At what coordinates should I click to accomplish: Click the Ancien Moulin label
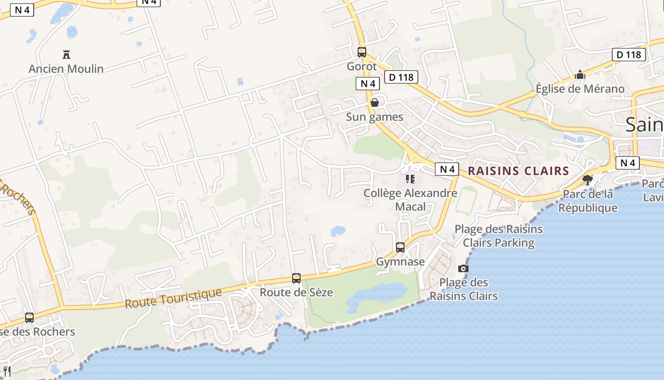66,69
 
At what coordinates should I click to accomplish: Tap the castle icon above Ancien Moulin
66,55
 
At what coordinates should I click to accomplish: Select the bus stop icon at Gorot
362,52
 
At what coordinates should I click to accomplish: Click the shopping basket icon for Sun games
375,103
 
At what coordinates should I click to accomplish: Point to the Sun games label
374,117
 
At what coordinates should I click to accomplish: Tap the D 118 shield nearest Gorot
401,77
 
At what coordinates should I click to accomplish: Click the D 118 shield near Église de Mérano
629,55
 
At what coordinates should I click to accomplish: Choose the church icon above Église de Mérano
580,75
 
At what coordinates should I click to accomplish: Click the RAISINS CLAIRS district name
518,171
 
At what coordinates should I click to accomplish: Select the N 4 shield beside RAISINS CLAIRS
447,169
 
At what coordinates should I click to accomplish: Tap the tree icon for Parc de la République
588,180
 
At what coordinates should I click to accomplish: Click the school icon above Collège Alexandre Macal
410,179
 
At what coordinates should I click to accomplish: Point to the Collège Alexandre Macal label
410,200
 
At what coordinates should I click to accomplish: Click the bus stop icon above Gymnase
400,247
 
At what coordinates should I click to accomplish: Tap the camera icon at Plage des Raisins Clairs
463,269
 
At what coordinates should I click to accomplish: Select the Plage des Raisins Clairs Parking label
498,236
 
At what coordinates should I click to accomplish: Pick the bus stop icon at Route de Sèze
296,278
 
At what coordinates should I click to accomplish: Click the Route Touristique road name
173,298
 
